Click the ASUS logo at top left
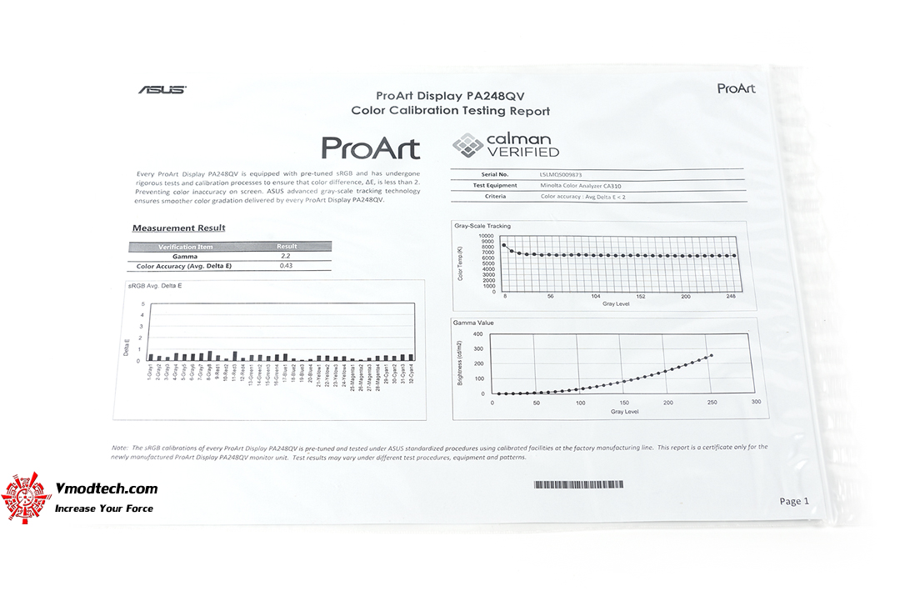pyautogui.click(x=162, y=89)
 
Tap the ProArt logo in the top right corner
pyautogui.click(x=736, y=88)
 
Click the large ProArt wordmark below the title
pyautogui.click(x=370, y=148)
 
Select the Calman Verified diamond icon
pyautogui.click(x=467, y=146)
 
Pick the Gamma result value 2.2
pyautogui.click(x=285, y=256)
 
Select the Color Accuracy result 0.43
pyautogui.click(x=286, y=266)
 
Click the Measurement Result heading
pyautogui.click(x=178, y=228)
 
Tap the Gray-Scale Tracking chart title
pyautogui.click(x=482, y=226)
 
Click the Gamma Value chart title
pyautogui.click(x=473, y=322)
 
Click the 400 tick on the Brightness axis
pyautogui.click(x=477, y=334)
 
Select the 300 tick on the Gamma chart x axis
pyautogui.click(x=756, y=403)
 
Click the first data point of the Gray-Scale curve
pyautogui.click(x=504, y=245)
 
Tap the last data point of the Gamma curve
pyautogui.click(x=711, y=356)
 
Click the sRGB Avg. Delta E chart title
pyautogui.click(x=156, y=286)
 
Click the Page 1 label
pyautogui.click(x=793, y=501)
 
